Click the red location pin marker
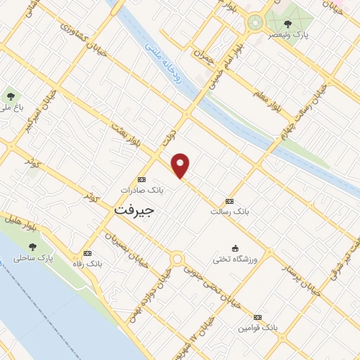point(181,165)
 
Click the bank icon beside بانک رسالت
point(229,200)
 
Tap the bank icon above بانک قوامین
point(257,317)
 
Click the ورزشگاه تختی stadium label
point(236,259)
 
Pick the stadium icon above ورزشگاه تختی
point(236,247)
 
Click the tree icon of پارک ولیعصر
point(289,22)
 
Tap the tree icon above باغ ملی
point(10,96)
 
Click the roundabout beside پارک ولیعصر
point(254,23)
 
